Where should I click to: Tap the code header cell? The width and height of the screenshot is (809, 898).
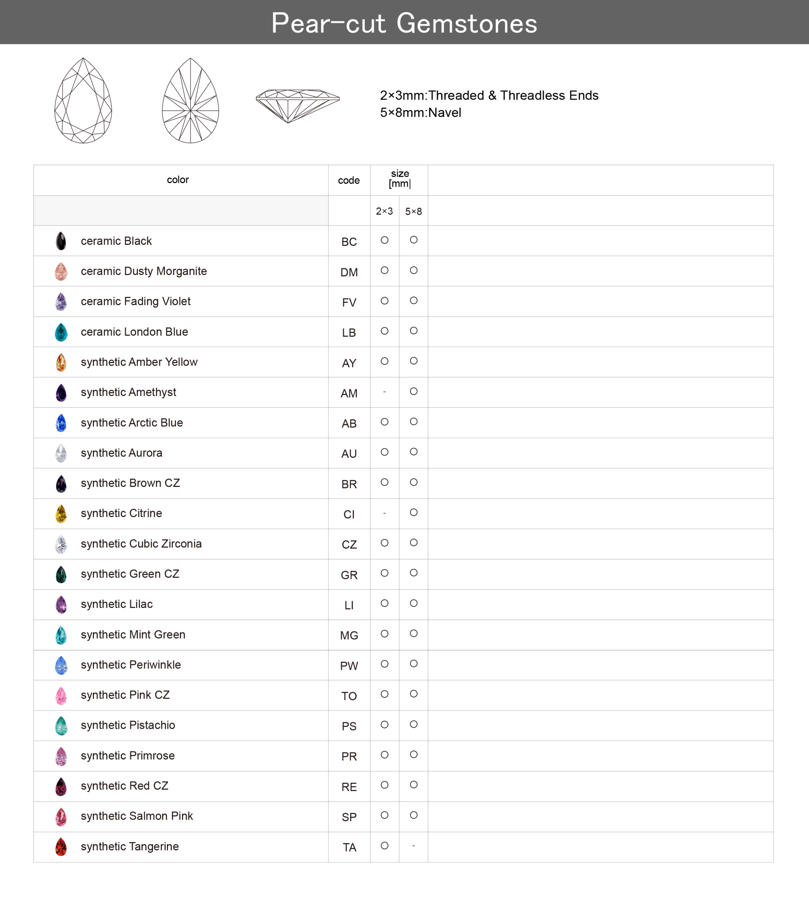click(x=349, y=180)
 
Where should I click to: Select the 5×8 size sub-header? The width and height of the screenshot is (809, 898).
click(x=413, y=211)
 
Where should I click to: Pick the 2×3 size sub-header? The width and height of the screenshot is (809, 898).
click(x=384, y=211)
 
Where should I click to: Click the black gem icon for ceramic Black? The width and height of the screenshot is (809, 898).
click(x=61, y=241)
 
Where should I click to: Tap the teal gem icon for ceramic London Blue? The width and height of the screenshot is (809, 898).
click(x=61, y=332)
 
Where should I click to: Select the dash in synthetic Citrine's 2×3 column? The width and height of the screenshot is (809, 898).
click(x=384, y=513)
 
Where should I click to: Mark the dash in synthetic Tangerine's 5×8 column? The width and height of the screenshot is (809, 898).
click(x=413, y=845)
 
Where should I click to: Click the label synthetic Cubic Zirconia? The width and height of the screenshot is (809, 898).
click(x=141, y=544)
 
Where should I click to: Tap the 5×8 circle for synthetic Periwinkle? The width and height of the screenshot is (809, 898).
click(x=413, y=664)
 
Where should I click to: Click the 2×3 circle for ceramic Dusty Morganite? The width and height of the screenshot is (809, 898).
click(x=384, y=270)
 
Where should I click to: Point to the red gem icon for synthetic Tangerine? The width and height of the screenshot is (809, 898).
click(x=61, y=847)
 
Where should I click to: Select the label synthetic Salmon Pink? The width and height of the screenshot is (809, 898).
click(x=136, y=816)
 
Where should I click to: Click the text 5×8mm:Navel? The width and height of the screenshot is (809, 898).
click(x=420, y=113)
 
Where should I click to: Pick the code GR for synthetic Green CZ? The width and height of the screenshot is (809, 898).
click(x=349, y=575)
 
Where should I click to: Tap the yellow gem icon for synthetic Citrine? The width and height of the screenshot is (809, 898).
click(x=61, y=514)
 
